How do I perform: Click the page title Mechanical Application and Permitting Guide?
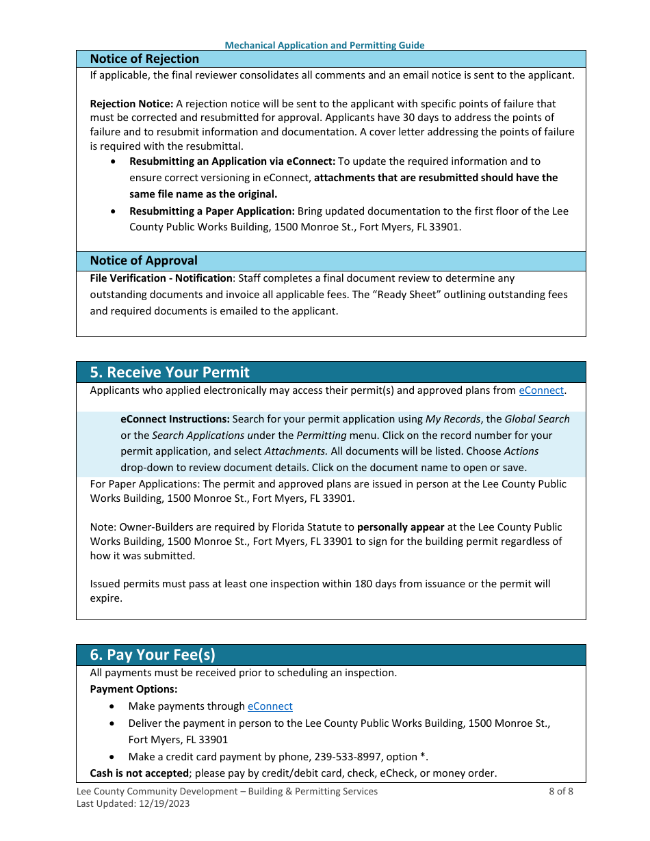[324, 45]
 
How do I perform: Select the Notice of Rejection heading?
[144, 59]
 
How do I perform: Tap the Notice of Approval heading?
[144, 261]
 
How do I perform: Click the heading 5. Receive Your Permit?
[170, 372]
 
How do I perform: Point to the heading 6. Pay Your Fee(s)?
[153, 655]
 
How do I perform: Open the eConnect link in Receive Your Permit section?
[541, 390]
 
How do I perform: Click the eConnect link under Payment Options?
[270, 706]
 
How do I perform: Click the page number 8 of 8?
[560, 791]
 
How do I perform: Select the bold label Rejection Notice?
[131, 104]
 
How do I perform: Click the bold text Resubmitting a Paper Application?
[211, 211]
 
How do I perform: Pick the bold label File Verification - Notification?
[161, 278]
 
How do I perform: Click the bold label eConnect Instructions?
[175, 419]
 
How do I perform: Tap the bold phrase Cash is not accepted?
[140, 773]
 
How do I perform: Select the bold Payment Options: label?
[133, 689]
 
